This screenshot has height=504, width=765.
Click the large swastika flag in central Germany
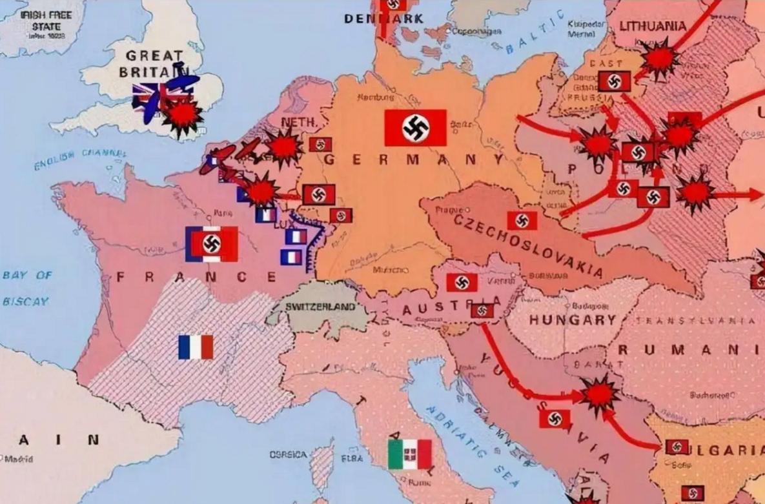pos(415,128)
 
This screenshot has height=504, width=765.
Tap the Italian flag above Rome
pos(410,454)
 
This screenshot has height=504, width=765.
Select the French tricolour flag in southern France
pos(196,347)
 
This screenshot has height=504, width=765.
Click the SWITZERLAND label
pos(320,307)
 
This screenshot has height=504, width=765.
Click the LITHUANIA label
pos(653,26)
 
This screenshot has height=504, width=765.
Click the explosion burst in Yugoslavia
pos(598,395)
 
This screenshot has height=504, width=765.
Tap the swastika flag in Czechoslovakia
pos(522,221)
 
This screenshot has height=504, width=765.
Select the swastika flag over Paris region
pos(212,244)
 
